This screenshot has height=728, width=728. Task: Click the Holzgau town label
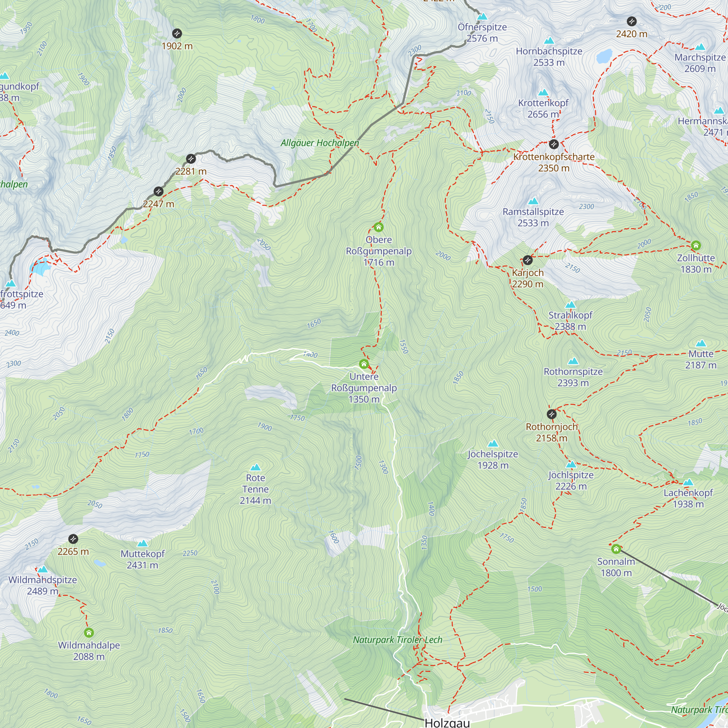point(447,722)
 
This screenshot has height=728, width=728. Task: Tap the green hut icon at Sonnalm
point(616,549)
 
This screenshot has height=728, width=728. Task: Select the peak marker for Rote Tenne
point(256,468)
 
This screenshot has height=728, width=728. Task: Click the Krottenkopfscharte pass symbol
point(553,144)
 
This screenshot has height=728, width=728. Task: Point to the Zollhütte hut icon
point(696,246)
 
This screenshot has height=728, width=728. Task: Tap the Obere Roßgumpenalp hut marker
point(378,227)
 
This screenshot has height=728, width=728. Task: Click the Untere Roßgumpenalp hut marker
point(364,364)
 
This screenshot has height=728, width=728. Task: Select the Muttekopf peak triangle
point(142,543)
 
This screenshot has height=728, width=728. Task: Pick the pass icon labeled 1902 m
point(177,33)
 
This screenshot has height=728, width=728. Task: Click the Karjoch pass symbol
point(527,260)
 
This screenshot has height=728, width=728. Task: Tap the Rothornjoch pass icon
point(551,415)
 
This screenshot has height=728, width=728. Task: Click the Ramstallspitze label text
point(533,212)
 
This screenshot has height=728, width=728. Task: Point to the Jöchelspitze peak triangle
point(492,444)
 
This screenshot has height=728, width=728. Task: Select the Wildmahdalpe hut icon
point(88,633)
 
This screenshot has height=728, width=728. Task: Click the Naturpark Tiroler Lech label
point(397,640)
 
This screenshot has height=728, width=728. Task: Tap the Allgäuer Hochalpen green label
point(320,143)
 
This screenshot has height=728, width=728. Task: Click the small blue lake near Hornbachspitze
point(604,56)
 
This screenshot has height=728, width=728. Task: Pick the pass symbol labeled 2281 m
point(191,159)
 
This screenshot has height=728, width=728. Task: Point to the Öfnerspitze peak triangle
point(482,17)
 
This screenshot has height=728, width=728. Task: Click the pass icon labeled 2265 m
point(73,539)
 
